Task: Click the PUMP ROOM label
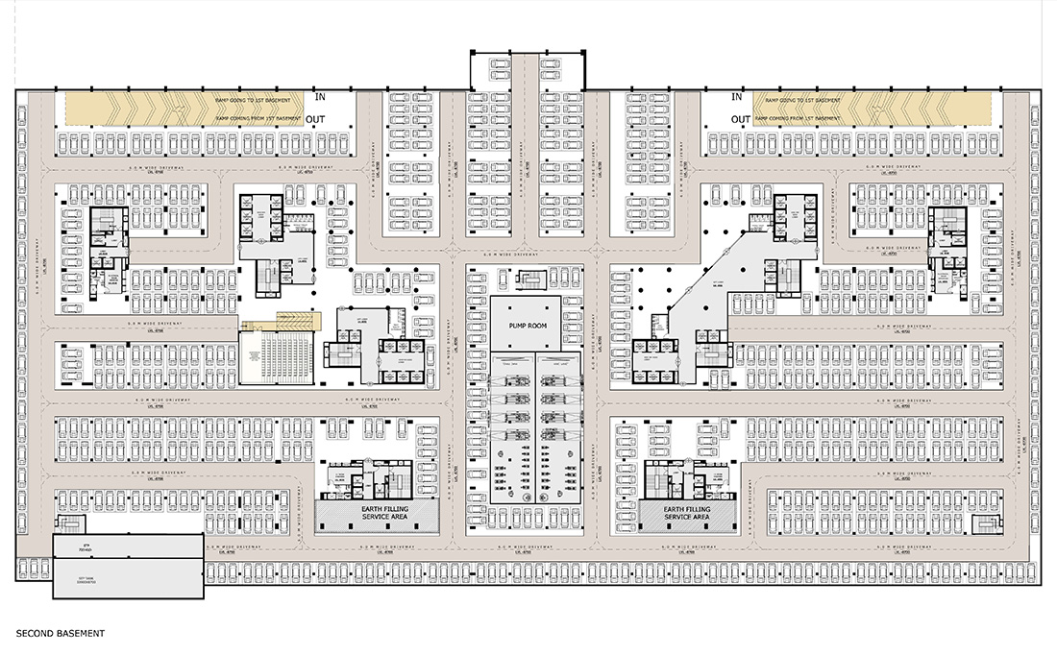tap(528, 327)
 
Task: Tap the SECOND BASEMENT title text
tap(60, 634)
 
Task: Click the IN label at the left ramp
tap(322, 97)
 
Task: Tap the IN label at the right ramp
tap(737, 97)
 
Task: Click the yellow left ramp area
tap(183, 109)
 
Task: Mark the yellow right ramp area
tap(874, 109)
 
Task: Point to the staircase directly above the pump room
tap(528, 280)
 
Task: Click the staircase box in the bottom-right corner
tap(982, 524)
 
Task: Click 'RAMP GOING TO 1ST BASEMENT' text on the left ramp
tap(259, 100)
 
